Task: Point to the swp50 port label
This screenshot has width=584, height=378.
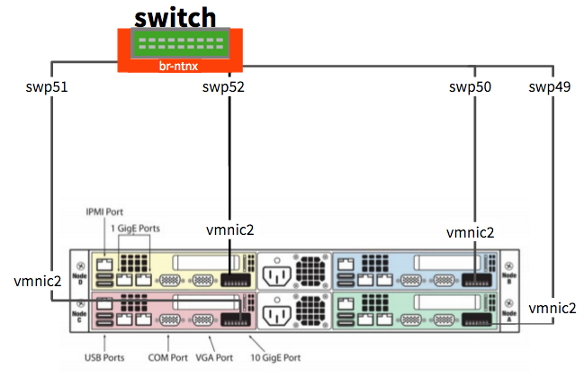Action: (x=470, y=87)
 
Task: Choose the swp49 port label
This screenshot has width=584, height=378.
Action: (x=550, y=87)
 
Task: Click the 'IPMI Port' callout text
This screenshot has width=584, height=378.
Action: (x=103, y=212)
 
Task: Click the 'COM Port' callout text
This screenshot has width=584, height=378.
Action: (x=167, y=357)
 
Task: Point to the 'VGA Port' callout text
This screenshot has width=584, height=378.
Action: (x=214, y=357)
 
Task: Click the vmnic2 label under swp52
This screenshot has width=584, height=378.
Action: (x=230, y=230)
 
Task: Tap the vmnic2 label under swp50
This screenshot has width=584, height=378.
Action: (x=471, y=232)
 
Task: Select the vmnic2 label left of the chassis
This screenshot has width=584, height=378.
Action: (x=38, y=281)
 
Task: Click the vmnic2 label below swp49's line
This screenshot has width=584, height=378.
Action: (x=552, y=308)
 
